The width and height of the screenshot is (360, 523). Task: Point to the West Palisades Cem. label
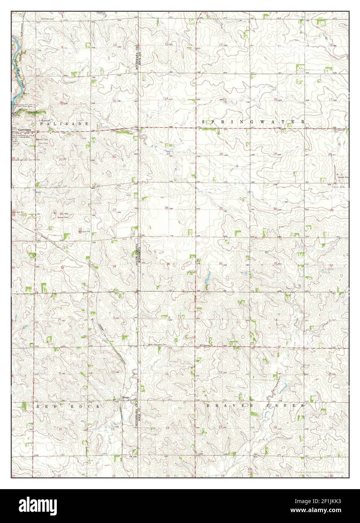157,344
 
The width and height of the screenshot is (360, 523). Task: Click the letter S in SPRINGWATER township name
204,122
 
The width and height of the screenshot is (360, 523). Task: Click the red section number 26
166,208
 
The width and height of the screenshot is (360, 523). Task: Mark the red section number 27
114,210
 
